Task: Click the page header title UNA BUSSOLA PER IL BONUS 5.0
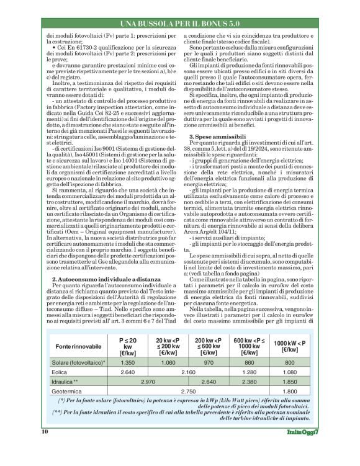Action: (181, 24)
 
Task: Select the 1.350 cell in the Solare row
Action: (127, 362)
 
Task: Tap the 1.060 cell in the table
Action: (168, 362)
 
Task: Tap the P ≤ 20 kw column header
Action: (127, 345)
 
